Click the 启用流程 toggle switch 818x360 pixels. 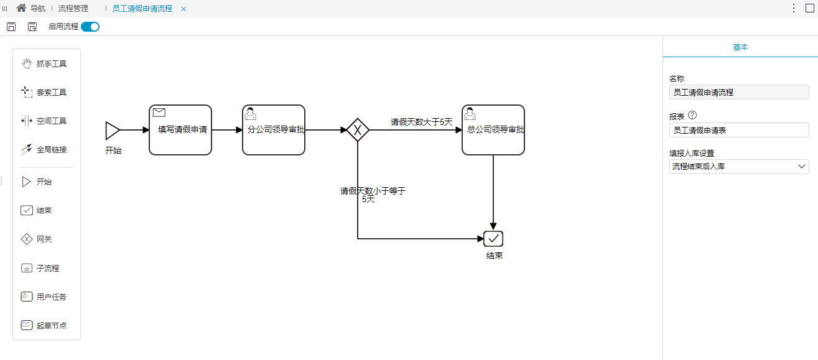90,27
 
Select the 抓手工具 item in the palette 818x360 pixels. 44,64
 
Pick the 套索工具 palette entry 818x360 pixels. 44,93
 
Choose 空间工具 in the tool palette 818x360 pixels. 44,121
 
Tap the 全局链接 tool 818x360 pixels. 44,149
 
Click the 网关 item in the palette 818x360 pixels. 37,239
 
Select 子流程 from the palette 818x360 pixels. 40,268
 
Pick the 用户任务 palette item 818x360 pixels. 44,297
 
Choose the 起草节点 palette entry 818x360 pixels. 44,325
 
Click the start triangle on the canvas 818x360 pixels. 112,131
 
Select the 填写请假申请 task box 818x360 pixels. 180,130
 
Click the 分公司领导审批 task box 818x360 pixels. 274,130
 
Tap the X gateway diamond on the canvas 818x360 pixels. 358,130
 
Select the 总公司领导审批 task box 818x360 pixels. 493,130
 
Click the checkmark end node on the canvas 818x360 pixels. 493,239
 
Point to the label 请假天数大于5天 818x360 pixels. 421,122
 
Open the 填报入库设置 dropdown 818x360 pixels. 739,167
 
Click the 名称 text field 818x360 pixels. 739,93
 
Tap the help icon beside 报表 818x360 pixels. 692,116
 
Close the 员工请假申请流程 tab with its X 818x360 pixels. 184,9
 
